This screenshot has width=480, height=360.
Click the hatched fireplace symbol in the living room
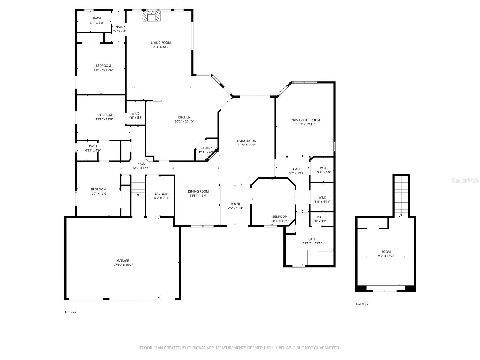click(151, 16)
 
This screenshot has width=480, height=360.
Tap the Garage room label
click(123, 261)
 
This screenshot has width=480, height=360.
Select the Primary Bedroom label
click(305, 120)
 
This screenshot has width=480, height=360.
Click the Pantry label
click(206, 148)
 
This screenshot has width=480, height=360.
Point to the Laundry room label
click(162, 194)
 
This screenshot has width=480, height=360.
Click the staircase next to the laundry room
click(138, 186)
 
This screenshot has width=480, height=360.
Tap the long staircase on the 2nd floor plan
click(401, 195)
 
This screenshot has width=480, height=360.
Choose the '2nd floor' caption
click(362, 304)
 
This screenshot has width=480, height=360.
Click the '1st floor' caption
click(70, 312)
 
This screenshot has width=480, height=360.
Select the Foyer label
click(235, 204)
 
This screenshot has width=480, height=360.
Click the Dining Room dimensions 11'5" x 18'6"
click(198, 196)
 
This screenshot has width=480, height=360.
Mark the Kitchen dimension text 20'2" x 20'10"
click(184, 121)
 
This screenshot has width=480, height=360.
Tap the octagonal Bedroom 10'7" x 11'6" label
click(280, 217)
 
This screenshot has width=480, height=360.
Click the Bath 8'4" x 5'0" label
click(97, 19)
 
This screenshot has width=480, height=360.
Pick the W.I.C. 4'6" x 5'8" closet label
click(135, 113)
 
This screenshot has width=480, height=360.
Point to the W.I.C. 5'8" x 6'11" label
click(322, 197)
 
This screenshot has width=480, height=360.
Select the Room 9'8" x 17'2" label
click(386, 252)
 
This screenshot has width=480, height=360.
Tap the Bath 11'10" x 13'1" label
click(312, 239)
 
